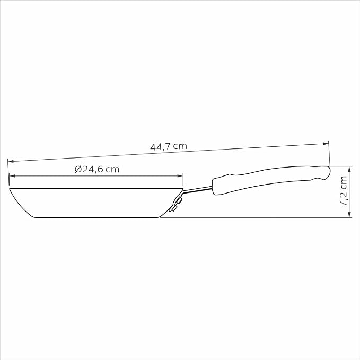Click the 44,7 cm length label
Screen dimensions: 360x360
click(x=169, y=146)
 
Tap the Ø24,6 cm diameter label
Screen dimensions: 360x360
click(x=97, y=169)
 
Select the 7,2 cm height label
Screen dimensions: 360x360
click(x=343, y=191)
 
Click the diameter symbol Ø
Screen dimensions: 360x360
click(x=78, y=169)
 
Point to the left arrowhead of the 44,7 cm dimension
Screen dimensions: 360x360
click(x=11, y=161)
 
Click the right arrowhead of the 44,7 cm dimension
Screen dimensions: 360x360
click(x=326, y=144)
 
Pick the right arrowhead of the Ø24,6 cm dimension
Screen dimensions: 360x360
click(x=180, y=176)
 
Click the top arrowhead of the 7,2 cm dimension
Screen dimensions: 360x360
click(x=349, y=169)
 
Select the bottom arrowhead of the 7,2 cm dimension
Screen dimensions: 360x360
click(x=349, y=214)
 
